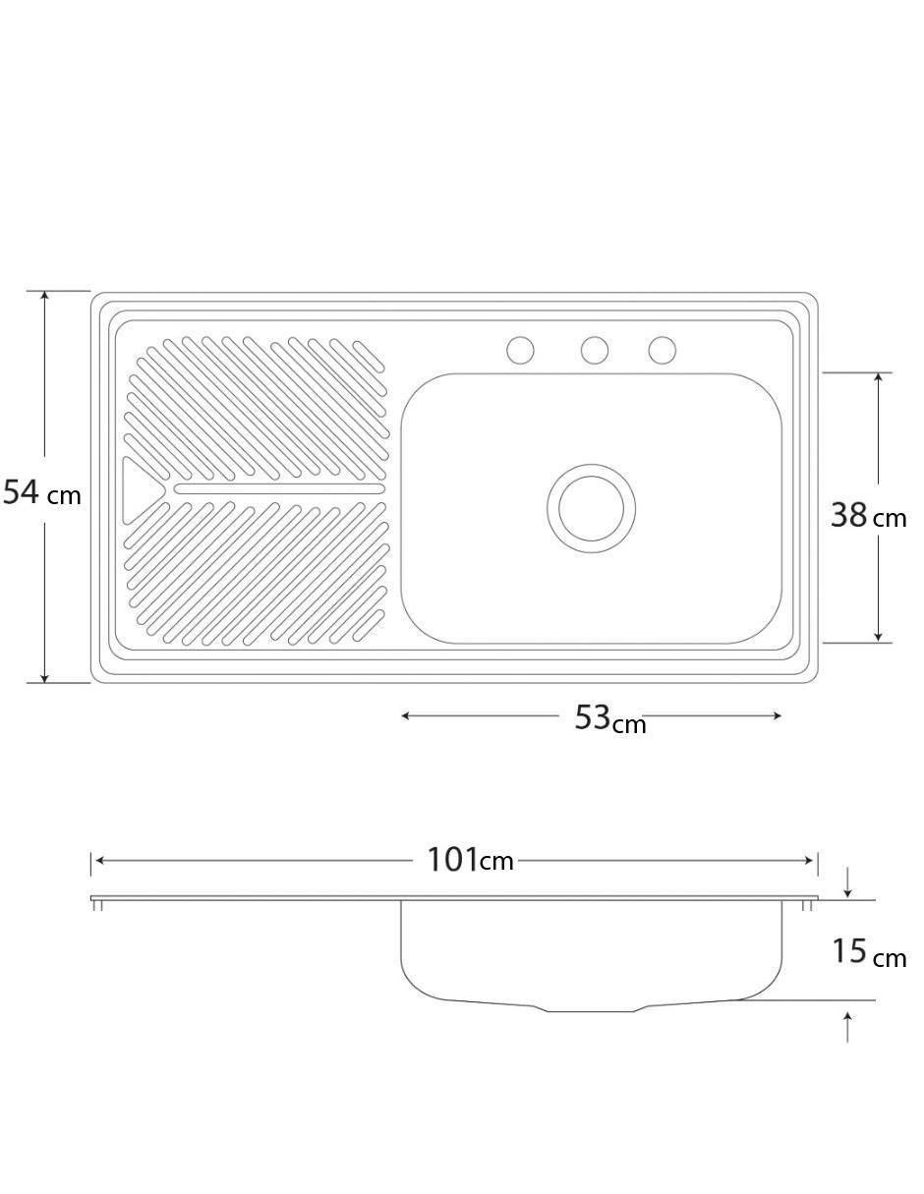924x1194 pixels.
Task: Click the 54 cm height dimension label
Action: click(42, 492)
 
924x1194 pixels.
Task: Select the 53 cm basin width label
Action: click(610, 718)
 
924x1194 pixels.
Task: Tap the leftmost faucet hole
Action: click(520, 351)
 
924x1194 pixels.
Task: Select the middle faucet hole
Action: click(595, 351)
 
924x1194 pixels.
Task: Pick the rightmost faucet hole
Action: click(662, 351)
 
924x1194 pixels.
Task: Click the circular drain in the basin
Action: click(592, 508)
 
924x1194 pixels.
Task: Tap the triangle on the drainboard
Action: click(141, 490)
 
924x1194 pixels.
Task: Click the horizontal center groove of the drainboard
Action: click(279, 488)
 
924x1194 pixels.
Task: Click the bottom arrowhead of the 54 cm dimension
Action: click(45, 677)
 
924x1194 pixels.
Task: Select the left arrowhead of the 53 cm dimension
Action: click(407, 715)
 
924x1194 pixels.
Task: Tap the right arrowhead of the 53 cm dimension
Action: click(776, 715)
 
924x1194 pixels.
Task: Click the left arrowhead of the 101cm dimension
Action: click(100, 861)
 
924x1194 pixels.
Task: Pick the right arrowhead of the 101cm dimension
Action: click(808, 861)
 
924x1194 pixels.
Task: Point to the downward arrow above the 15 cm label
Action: click(847, 881)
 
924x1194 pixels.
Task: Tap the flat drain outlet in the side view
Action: click(591, 1010)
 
